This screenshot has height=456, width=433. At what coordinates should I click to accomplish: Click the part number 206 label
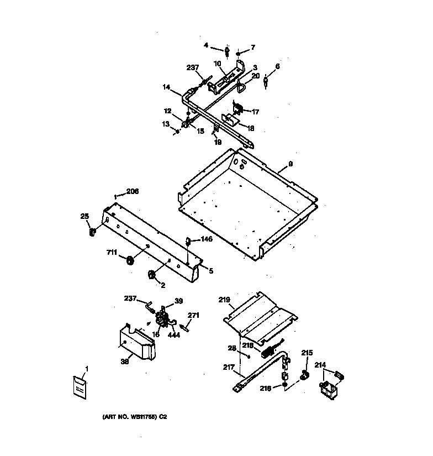coord(133,191)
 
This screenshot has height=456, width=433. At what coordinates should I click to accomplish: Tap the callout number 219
coord(224,300)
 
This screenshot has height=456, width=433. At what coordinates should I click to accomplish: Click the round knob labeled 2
coord(150,274)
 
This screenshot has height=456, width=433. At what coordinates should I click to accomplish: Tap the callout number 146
coord(207,239)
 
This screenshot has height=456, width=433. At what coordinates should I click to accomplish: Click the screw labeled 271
coord(187,328)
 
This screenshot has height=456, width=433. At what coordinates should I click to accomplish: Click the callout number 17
coord(255,112)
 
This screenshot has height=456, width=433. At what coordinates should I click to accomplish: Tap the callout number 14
coord(166,87)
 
